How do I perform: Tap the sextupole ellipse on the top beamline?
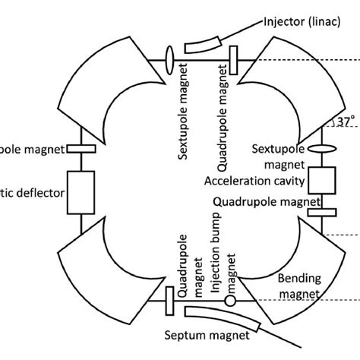pos(169,58)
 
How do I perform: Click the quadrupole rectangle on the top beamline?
pos(232,58)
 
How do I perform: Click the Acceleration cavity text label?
pos(254,182)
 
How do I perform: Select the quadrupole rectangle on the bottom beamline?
pos(168,302)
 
